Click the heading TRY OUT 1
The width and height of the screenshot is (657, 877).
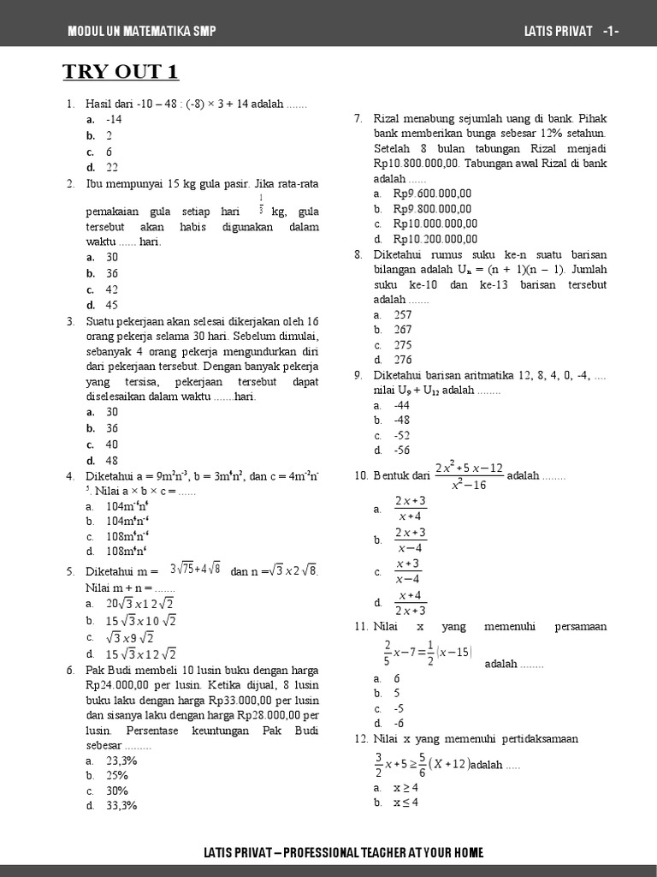point(121,72)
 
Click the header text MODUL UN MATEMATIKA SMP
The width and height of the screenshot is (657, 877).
point(142,32)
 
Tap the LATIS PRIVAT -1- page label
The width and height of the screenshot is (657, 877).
point(571,32)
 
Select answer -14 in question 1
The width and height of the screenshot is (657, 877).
point(114,120)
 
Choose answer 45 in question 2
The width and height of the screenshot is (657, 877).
point(112,305)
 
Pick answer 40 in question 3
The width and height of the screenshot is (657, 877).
point(112,444)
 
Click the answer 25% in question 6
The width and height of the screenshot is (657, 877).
point(117,775)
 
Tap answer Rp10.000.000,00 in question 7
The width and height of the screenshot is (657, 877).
point(435,224)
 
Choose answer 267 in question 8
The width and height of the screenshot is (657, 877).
point(402,330)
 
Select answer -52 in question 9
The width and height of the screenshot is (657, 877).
point(402,435)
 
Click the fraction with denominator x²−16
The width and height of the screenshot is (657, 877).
point(468,476)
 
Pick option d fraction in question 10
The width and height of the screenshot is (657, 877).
point(410,602)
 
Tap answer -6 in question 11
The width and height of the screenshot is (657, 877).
point(399,723)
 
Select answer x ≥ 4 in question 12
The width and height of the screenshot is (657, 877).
point(405,787)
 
